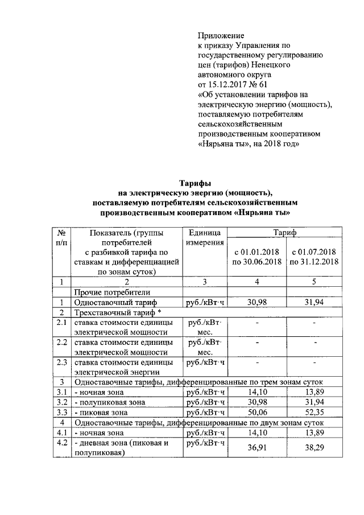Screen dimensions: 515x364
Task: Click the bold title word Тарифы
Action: [x=196, y=183]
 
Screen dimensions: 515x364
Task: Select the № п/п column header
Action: [x=61, y=238]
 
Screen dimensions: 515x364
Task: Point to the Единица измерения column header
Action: [x=204, y=238]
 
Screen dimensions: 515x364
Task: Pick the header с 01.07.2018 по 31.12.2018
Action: [x=314, y=257]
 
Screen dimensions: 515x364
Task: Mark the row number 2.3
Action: [x=61, y=362]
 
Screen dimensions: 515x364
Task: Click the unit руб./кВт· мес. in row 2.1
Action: [x=204, y=327]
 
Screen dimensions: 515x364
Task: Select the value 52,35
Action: [x=314, y=412]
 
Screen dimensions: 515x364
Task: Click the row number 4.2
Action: [x=61, y=443]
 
